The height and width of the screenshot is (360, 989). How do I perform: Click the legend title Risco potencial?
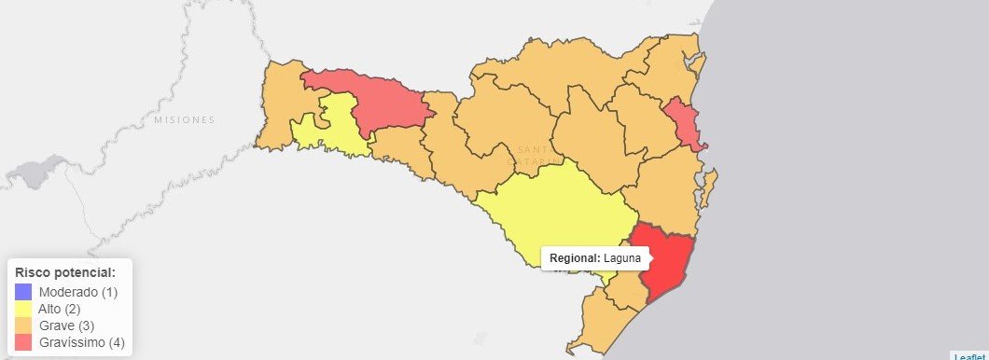tap(65, 272)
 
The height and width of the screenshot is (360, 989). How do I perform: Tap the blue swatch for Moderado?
tap(23, 292)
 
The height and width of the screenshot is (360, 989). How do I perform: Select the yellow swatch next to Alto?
tap(23, 309)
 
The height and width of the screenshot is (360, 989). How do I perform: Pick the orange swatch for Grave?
tap(23, 325)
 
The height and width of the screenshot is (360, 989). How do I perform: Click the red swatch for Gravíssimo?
tap(23, 342)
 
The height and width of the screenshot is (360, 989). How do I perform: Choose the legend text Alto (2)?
tap(60, 309)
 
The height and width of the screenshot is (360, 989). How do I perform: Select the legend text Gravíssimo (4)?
tap(81, 342)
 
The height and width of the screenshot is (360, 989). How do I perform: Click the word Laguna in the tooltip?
tap(620, 257)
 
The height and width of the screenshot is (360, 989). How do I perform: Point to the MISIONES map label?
tap(185, 120)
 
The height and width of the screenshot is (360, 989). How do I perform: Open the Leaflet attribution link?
tap(969, 355)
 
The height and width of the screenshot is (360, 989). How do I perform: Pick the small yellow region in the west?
tap(331, 126)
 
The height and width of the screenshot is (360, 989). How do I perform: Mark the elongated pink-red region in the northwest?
tap(373, 98)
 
